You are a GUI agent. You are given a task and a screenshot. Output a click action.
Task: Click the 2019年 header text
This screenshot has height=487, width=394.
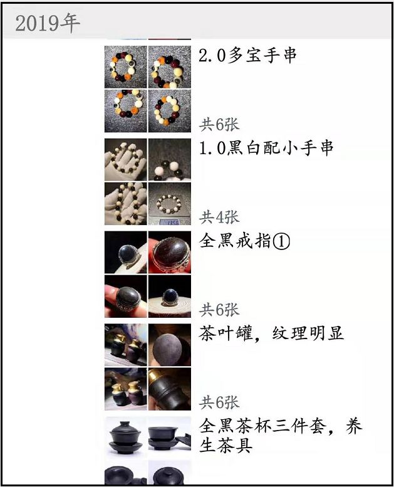(47, 23)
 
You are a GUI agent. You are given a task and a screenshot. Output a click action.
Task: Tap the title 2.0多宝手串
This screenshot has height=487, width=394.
(247, 55)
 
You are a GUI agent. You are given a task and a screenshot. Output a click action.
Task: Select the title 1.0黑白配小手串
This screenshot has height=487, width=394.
(266, 148)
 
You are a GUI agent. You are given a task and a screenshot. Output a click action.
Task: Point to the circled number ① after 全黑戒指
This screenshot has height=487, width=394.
(281, 241)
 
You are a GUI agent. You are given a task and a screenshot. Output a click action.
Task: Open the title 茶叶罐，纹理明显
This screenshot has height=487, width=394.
(271, 333)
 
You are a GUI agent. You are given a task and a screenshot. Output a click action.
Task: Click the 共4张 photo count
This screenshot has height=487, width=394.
(219, 217)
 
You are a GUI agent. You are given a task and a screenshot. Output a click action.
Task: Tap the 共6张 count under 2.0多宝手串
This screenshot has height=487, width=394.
(219, 124)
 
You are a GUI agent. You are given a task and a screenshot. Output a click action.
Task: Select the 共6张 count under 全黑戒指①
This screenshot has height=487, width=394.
(219, 309)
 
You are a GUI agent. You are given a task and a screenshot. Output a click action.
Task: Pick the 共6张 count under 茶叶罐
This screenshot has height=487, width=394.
(219, 402)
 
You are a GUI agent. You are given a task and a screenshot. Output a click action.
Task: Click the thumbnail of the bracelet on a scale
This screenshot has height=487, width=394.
(169, 204)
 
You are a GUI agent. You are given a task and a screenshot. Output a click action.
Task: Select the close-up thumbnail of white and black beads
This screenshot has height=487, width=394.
(169, 160)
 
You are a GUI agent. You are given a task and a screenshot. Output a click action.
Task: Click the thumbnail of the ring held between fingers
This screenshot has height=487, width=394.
(125, 296)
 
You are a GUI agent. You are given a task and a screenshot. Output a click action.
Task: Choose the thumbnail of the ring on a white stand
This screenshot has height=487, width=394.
(169, 296)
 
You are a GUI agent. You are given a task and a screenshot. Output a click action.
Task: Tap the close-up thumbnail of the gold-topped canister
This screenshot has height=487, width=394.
(169, 389)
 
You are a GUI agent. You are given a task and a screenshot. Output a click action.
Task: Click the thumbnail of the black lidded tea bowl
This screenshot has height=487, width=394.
(125, 434)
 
